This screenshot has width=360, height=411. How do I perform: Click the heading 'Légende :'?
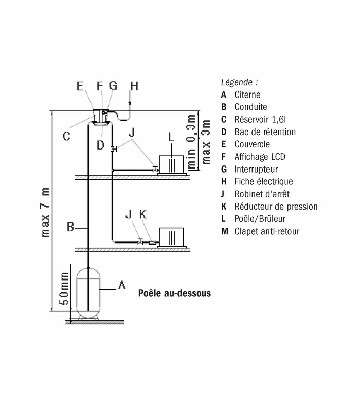(239, 82)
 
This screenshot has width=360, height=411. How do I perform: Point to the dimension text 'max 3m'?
(206, 142)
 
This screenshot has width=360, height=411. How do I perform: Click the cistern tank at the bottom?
(89, 292)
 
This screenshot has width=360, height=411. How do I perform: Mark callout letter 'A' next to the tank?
(122, 284)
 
